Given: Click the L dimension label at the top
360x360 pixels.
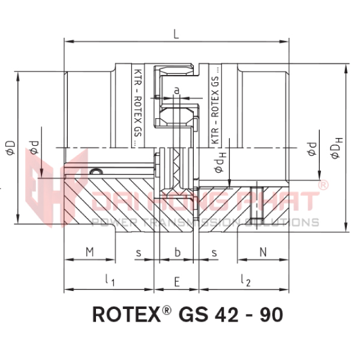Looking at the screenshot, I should click(176, 35).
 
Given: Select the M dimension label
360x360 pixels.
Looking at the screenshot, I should click(90, 252).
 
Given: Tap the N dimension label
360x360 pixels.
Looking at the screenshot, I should click(263, 252).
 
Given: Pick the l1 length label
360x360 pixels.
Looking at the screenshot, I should click(109, 280).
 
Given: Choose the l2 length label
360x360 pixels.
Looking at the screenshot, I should click(245, 280).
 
